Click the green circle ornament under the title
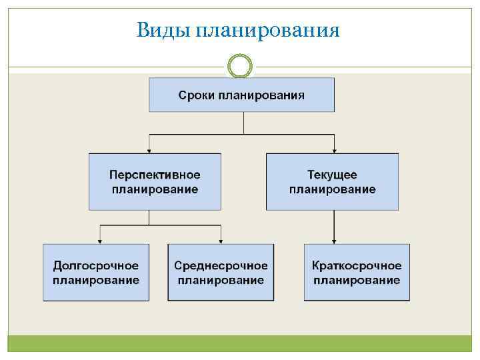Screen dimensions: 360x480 [x=240, y=66]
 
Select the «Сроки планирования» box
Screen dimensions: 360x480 [x=241, y=95]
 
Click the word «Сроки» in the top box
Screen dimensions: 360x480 [x=195, y=95]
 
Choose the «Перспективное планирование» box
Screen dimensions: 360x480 [x=155, y=182]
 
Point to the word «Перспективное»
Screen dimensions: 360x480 [x=155, y=175]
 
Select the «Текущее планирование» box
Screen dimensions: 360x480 [x=332, y=182]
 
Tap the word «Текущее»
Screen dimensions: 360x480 [x=332, y=175]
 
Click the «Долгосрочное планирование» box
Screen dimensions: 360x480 [x=96, y=273]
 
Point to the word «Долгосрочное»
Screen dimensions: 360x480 [x=96, y=266]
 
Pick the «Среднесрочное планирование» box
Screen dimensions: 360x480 [x=221, y=273]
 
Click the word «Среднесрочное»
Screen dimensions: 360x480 [x=221, y=266]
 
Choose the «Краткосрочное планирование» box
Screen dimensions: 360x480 [x=357, y=273]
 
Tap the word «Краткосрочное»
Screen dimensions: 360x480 [x=357, y=266]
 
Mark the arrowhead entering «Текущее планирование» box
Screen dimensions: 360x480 [x=333, y=149]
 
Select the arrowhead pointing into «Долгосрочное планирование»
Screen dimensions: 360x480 [x=100, y=240]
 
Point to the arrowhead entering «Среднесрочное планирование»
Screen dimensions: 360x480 [x=221, y=240]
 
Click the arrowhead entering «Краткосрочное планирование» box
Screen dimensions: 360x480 [x=333, y=240]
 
